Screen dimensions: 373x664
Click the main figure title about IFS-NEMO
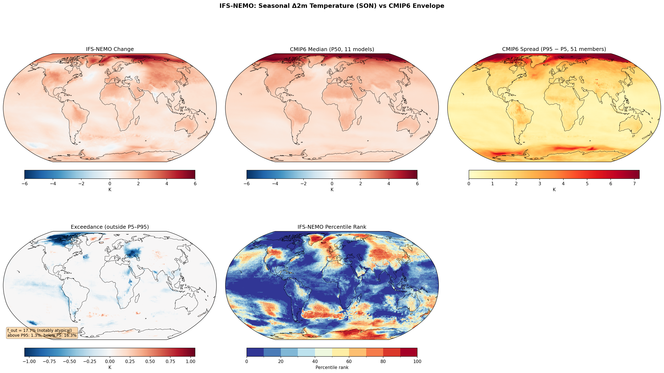click(332, 6)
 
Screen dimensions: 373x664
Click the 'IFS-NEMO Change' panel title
click(110, 49)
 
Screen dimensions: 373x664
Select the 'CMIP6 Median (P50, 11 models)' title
click(332, 49)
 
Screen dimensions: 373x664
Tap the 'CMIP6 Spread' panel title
click(554, 49)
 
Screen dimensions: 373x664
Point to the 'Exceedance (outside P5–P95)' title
click(110, 227)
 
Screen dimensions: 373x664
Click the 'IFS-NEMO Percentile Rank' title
click(332, 227)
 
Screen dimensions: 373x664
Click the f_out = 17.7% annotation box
click(42, 333)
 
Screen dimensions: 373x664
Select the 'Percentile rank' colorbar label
click(332, 367)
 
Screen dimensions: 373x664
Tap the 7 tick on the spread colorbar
click(634, 184)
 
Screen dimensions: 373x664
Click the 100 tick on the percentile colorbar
click(417, 361)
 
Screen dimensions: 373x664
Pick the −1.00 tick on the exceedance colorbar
click(29, 361)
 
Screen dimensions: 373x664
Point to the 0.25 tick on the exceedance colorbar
click(130, 361)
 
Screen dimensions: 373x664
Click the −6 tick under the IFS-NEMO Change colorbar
click(25, 184)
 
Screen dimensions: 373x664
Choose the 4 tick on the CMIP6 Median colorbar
click(389, 184)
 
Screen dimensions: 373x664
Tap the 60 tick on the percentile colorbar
click(349, 361)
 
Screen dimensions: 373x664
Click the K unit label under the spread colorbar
click(554, 190)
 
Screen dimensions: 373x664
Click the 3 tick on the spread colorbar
click(539, 184)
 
